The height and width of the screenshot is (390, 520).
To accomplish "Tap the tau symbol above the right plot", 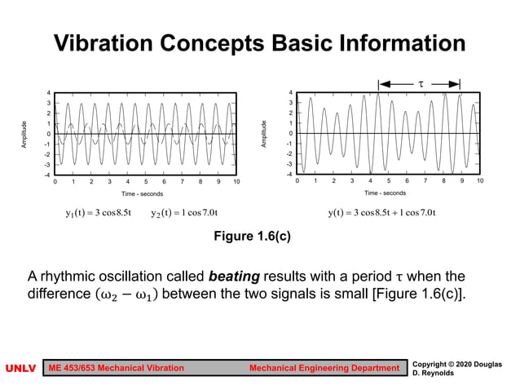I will [421, 83].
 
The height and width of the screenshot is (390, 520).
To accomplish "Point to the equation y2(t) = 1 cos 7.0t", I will [183, 214].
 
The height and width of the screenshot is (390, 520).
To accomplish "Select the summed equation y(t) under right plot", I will [382, 214].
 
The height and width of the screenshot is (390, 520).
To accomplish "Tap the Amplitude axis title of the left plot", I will [25, 134].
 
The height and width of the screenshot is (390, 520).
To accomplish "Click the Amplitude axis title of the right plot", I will [264, 134].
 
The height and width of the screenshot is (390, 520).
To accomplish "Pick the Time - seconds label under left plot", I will [143, 194].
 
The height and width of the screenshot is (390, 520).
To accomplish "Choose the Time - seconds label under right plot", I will [385, 193].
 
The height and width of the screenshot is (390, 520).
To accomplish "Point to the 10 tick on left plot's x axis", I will [236, 182].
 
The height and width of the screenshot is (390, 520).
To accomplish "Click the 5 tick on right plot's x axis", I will [389, 181].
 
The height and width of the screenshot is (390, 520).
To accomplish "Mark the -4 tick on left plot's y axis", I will [47, 175].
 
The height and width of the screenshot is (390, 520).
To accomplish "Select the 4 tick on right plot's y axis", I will [290, 93].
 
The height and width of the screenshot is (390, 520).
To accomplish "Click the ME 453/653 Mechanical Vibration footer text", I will [117, 369].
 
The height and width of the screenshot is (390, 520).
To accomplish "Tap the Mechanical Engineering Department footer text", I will [324, 369].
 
